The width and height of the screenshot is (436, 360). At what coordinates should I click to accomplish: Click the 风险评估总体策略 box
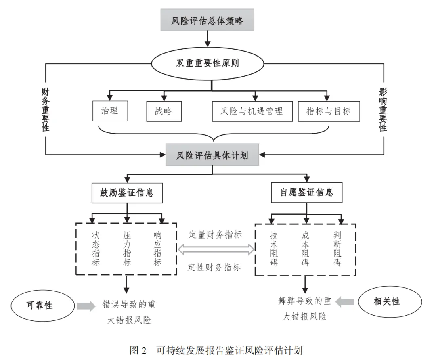tap(207, 20)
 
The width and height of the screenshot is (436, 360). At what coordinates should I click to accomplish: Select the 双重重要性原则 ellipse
tap(208, 63)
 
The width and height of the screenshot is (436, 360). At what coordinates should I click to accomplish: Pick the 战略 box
tap(163, 111)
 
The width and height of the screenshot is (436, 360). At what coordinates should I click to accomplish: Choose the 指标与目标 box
tap(329, 111)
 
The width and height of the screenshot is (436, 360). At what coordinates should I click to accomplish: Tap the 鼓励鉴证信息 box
tap(127, 193)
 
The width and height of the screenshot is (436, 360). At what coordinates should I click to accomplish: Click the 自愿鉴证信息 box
tap(307, 193)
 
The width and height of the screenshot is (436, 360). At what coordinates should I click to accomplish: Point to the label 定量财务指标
tap(215, 235)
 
